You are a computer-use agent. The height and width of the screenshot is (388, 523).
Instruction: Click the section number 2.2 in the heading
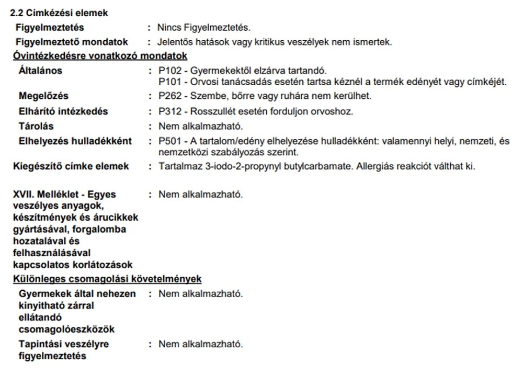click(x=17, y=13)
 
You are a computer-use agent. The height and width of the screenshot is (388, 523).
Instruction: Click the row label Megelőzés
click(x=43, y=96)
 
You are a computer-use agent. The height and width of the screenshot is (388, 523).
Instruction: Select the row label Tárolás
click(x=36, y=126)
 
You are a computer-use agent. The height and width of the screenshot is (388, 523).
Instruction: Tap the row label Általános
click(x=40, y=71)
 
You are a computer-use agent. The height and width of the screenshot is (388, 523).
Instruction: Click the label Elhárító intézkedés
click(x=63, y=111)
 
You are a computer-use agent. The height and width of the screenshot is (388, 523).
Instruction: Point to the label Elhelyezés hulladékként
click(x=75, y=141)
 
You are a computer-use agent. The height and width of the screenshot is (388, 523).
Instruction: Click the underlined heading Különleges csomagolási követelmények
click(x=107, y=279)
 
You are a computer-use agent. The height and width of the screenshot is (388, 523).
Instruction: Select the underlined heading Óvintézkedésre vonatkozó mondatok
click(x=100, y=56)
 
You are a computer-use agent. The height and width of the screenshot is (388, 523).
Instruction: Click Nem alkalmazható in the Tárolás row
click(x=201, y=126)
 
